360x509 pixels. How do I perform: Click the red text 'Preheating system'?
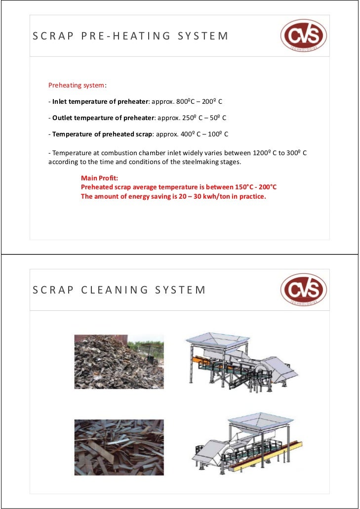coord(76,85)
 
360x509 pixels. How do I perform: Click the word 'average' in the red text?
coord(154,188)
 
